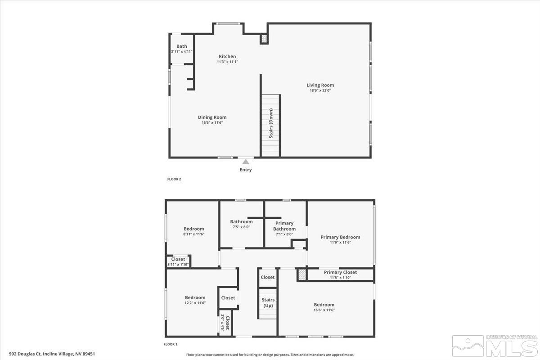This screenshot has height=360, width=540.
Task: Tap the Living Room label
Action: click(x=320, y=85)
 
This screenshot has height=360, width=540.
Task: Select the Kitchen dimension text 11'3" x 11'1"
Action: click(x=227, y=62)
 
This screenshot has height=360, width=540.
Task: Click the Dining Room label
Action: click(x=212, y=117)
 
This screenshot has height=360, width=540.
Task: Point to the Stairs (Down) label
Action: click(x=271, y=123)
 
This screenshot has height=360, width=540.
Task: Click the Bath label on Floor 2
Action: click(x=181, y=46)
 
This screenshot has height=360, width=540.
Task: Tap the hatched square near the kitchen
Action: click(x=264, y=39)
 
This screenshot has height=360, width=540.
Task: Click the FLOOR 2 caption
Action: click(x=174, y=179)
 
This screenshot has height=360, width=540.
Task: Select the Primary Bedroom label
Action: click(x=340, y=237)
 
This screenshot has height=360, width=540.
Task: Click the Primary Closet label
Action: click(x=340, y=272)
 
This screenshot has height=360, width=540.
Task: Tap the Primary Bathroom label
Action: click(x=284, y=226)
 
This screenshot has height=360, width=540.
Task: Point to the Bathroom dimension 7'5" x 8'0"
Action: click(x=241, y=227)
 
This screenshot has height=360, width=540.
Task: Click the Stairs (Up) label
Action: click(x=268, y=303)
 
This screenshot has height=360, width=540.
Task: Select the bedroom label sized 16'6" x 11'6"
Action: click(x=324, y=305)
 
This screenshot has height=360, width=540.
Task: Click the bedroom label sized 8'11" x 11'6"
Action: click(x=193, y=229)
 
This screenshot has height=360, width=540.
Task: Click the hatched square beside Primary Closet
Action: click(x=301, y=274)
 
